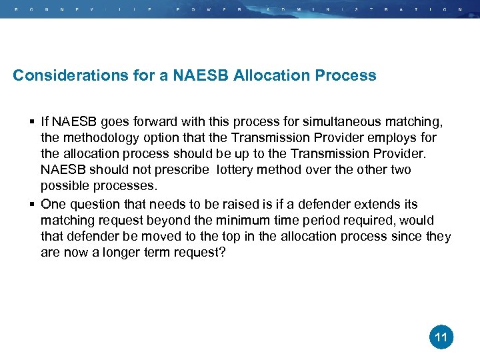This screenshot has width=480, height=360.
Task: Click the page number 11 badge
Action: [441, 337]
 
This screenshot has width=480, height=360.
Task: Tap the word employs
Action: [393, 138]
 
